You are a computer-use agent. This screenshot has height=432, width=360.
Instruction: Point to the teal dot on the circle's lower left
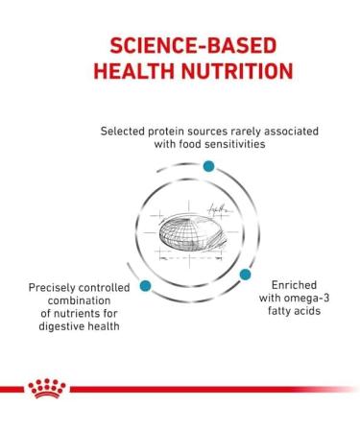click(145, 285)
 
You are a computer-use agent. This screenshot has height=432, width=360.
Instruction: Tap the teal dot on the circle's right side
click(245, 275)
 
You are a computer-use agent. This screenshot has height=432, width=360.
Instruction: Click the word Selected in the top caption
click(128, 130)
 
